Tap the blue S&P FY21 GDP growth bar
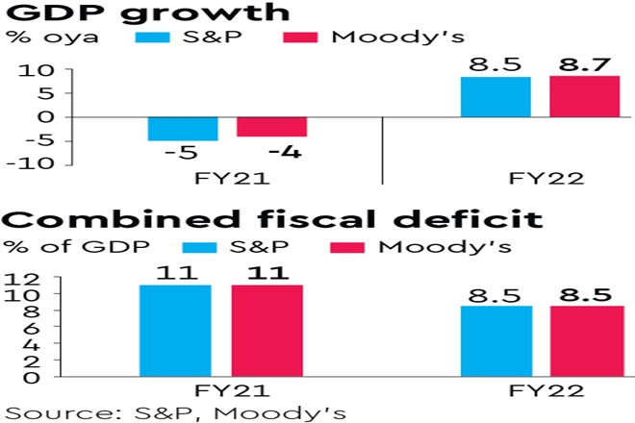[x=183, y=128]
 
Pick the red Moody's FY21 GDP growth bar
[x=272, y=126]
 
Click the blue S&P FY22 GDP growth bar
[x=495, y=96]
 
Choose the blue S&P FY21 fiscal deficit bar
[x=175, y=330]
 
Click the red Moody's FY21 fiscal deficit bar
[x=267, y=330]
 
